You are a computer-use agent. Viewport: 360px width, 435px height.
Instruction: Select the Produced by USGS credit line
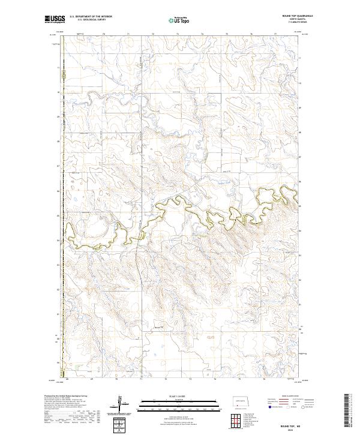[63, 397]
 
